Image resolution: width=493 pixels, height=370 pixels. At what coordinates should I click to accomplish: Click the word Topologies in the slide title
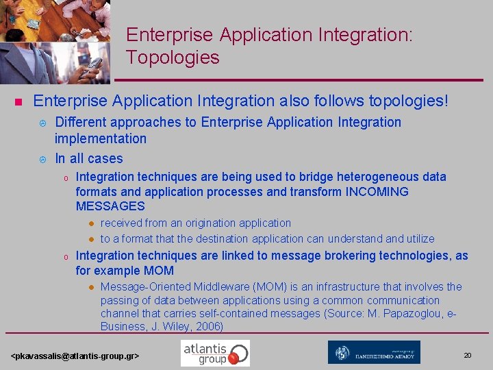(x=173, y=58)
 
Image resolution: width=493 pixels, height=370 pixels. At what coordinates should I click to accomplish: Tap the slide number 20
(x=468, y=355)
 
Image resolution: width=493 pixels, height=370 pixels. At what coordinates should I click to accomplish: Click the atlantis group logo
(x=215, y=353)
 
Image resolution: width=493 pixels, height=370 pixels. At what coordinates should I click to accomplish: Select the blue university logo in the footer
(x=374, y=352)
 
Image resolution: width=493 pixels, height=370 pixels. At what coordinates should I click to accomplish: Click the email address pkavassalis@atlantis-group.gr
(x=75, y=356)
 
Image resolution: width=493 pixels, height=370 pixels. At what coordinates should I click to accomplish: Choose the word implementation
(x=101, y=138)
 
